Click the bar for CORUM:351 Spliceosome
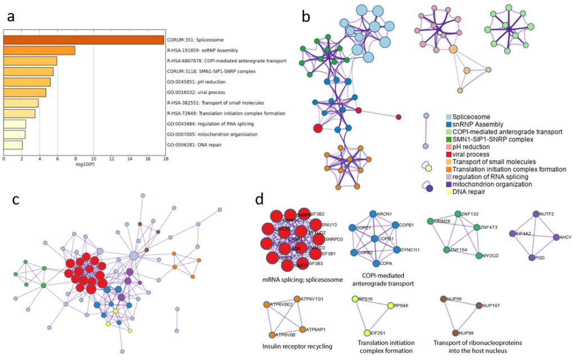pos(84,40)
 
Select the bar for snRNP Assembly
pos(39,51)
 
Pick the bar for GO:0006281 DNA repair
pos(13,145)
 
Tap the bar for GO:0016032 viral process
pos(25,92)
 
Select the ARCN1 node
pos(372,214)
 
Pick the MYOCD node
pos(479,256)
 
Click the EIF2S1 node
pos(367,333)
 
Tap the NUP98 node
pos(454,332)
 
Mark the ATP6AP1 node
pos(302,329)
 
